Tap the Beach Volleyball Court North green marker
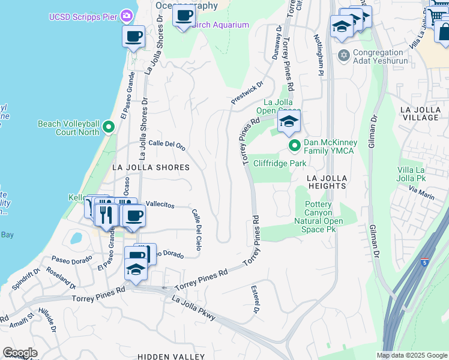point(109,127)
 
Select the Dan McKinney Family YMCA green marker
point(295,146)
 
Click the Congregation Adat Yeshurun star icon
point(344,56)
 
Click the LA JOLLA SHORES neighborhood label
point(149,167)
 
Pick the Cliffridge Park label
point(280,163)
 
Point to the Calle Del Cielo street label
point(196,229)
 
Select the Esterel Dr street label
point(255,299)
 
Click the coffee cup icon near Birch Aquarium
point(184,14)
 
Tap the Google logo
point(20,353)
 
